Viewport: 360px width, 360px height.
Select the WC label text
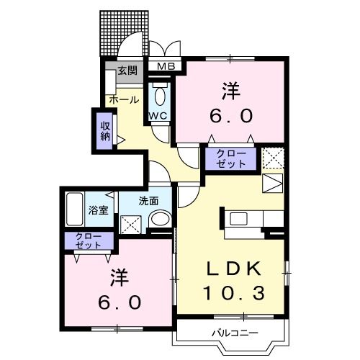[x=158, y=115]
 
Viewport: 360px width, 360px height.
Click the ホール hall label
[x=124, y=100]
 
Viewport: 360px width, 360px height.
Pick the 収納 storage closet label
[x=105, y=130]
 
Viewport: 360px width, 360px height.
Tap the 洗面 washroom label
[x=148, y=201]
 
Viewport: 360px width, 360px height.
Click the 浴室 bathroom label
[x=99, y=210]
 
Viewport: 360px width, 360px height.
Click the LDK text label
[x=233, y=268]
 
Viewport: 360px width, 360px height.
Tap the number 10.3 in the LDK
[x=233, y=292]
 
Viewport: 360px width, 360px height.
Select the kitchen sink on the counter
[x=238, y=218]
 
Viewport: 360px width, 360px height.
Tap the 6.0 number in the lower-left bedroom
[x=120, y=302]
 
